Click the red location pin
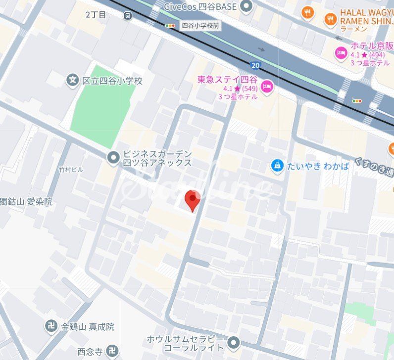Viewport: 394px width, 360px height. [193, 198]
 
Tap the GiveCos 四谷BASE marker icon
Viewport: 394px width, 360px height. [246, 6]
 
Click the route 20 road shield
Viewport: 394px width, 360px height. [255, 65]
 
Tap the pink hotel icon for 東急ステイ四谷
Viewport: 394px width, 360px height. [267, 86]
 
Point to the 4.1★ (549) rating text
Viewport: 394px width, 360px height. [237, 88]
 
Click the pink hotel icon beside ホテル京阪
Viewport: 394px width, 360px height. [341, 52]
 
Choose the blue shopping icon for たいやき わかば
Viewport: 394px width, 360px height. [277, 166]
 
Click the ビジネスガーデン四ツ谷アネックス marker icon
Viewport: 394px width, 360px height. [113, 158]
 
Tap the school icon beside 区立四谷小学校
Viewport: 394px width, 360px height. [73, 80]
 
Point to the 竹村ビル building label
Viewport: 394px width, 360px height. [71, 170]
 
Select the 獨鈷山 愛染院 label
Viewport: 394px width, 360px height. [26, 202]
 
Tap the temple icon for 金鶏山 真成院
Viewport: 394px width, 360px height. [51, 326]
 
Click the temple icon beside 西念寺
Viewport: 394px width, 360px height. [112, 352]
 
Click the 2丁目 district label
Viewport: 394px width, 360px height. [96, 15]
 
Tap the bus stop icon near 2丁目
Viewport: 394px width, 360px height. [128, 15]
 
